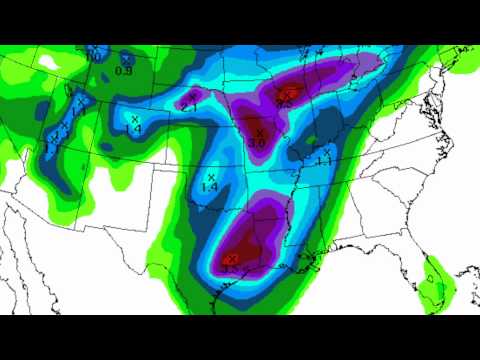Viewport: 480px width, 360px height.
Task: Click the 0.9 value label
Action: click(x=125, y=70)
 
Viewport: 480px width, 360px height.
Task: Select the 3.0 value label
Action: click(x=257, y=143)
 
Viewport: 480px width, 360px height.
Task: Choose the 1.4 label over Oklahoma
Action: click(x=210, y=187)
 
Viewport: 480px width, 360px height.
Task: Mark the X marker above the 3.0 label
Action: click(x=259, y=131)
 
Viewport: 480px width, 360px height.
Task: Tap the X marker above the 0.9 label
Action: click(x=127, y=60)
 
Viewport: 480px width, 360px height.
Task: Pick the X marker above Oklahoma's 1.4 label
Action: click(x=211, y=177)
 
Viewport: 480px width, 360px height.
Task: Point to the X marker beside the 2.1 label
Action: click(x=192, y=96)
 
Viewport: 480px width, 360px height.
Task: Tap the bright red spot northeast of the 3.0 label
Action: click(x=285, y=95)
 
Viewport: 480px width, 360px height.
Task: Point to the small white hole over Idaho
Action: click(x=48, y=62)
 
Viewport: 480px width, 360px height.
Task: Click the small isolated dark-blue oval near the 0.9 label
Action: click(x=98, y=53)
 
